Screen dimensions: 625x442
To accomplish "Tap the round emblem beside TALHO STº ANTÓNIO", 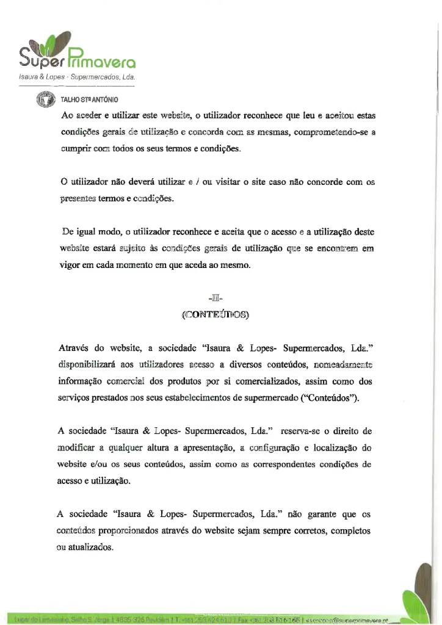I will [x=45, y=99].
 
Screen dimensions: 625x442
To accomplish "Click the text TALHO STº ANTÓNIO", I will [x=89, y=99].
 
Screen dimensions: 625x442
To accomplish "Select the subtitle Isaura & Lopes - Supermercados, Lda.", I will [x=76, y=78].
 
